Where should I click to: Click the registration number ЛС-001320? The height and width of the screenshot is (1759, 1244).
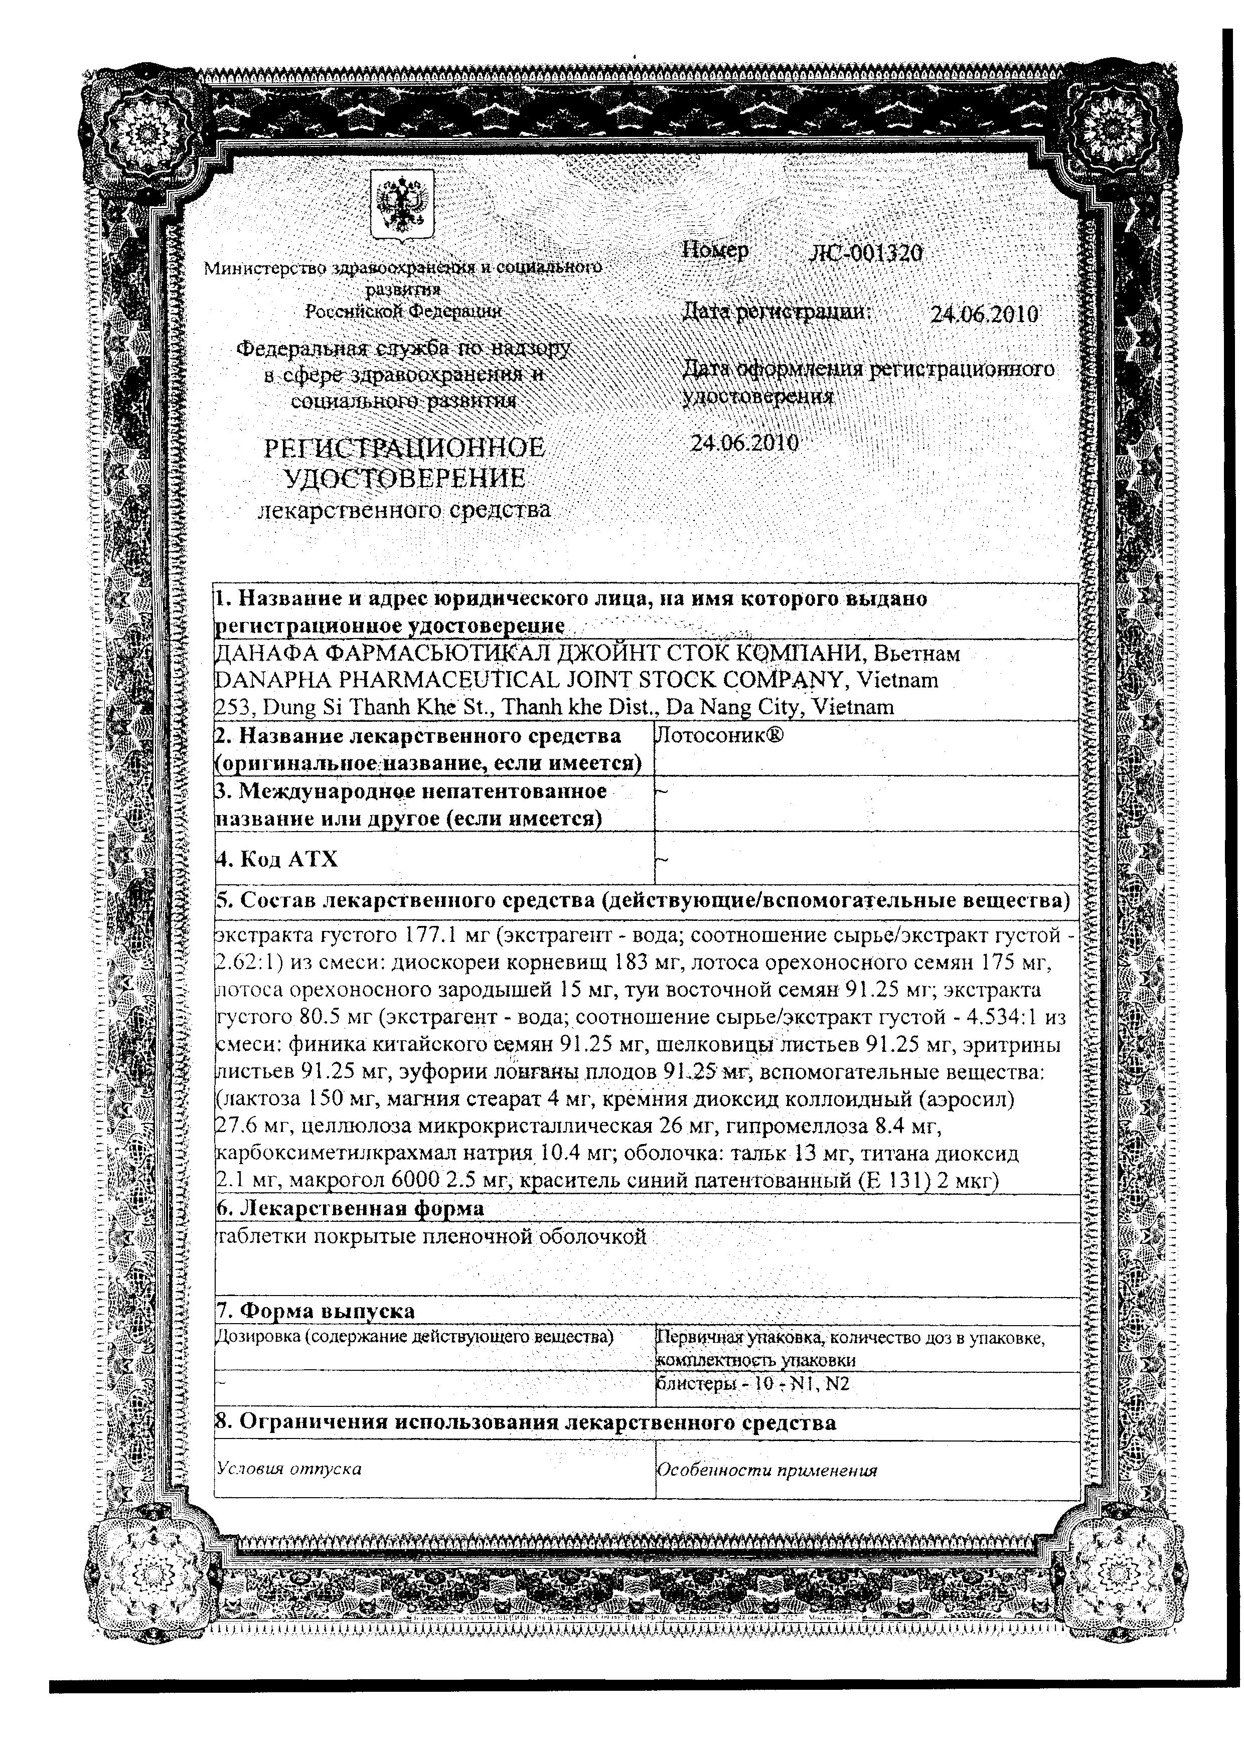tap(866, 254)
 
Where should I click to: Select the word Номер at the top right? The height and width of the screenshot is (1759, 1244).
tap(715, 251)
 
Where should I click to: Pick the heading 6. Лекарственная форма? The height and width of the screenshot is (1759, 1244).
tap(351, 1208)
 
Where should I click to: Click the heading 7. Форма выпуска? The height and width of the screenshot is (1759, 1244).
tap(316, 1311)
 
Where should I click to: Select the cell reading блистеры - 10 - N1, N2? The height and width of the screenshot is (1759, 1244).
tap(753, 1384)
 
